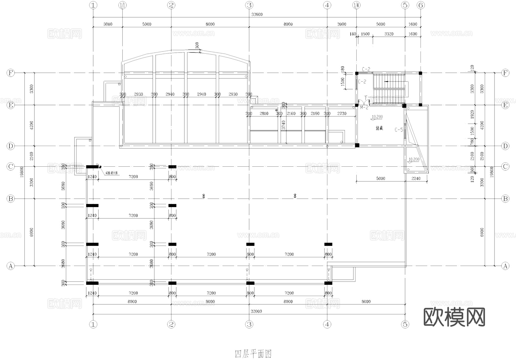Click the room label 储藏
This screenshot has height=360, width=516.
coord(379,128)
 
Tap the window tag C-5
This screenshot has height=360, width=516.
coord(399,130)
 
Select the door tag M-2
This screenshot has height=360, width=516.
coord(364,108)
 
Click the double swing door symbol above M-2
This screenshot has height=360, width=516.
coord(365,102)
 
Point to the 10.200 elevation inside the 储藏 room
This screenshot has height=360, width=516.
coord(377,117)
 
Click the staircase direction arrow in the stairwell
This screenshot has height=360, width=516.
coord(387,82)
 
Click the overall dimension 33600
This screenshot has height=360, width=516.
coord(257,14)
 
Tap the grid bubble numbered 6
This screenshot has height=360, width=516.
coord(421,5)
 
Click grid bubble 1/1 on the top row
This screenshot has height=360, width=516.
coord(122,5)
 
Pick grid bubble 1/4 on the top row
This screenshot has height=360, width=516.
coord(356,5)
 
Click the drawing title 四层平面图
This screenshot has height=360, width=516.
coord(253,354)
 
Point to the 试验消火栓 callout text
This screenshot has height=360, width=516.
coord(112,173)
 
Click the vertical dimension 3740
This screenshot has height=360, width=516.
coord(284,125)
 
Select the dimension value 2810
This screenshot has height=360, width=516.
coord(264,114)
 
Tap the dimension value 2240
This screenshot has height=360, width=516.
coord(416,178)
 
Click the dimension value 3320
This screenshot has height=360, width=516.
coord(389,34)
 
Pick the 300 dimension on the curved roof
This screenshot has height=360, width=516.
coord(197,46)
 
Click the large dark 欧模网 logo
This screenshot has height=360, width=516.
coord(454,317)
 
